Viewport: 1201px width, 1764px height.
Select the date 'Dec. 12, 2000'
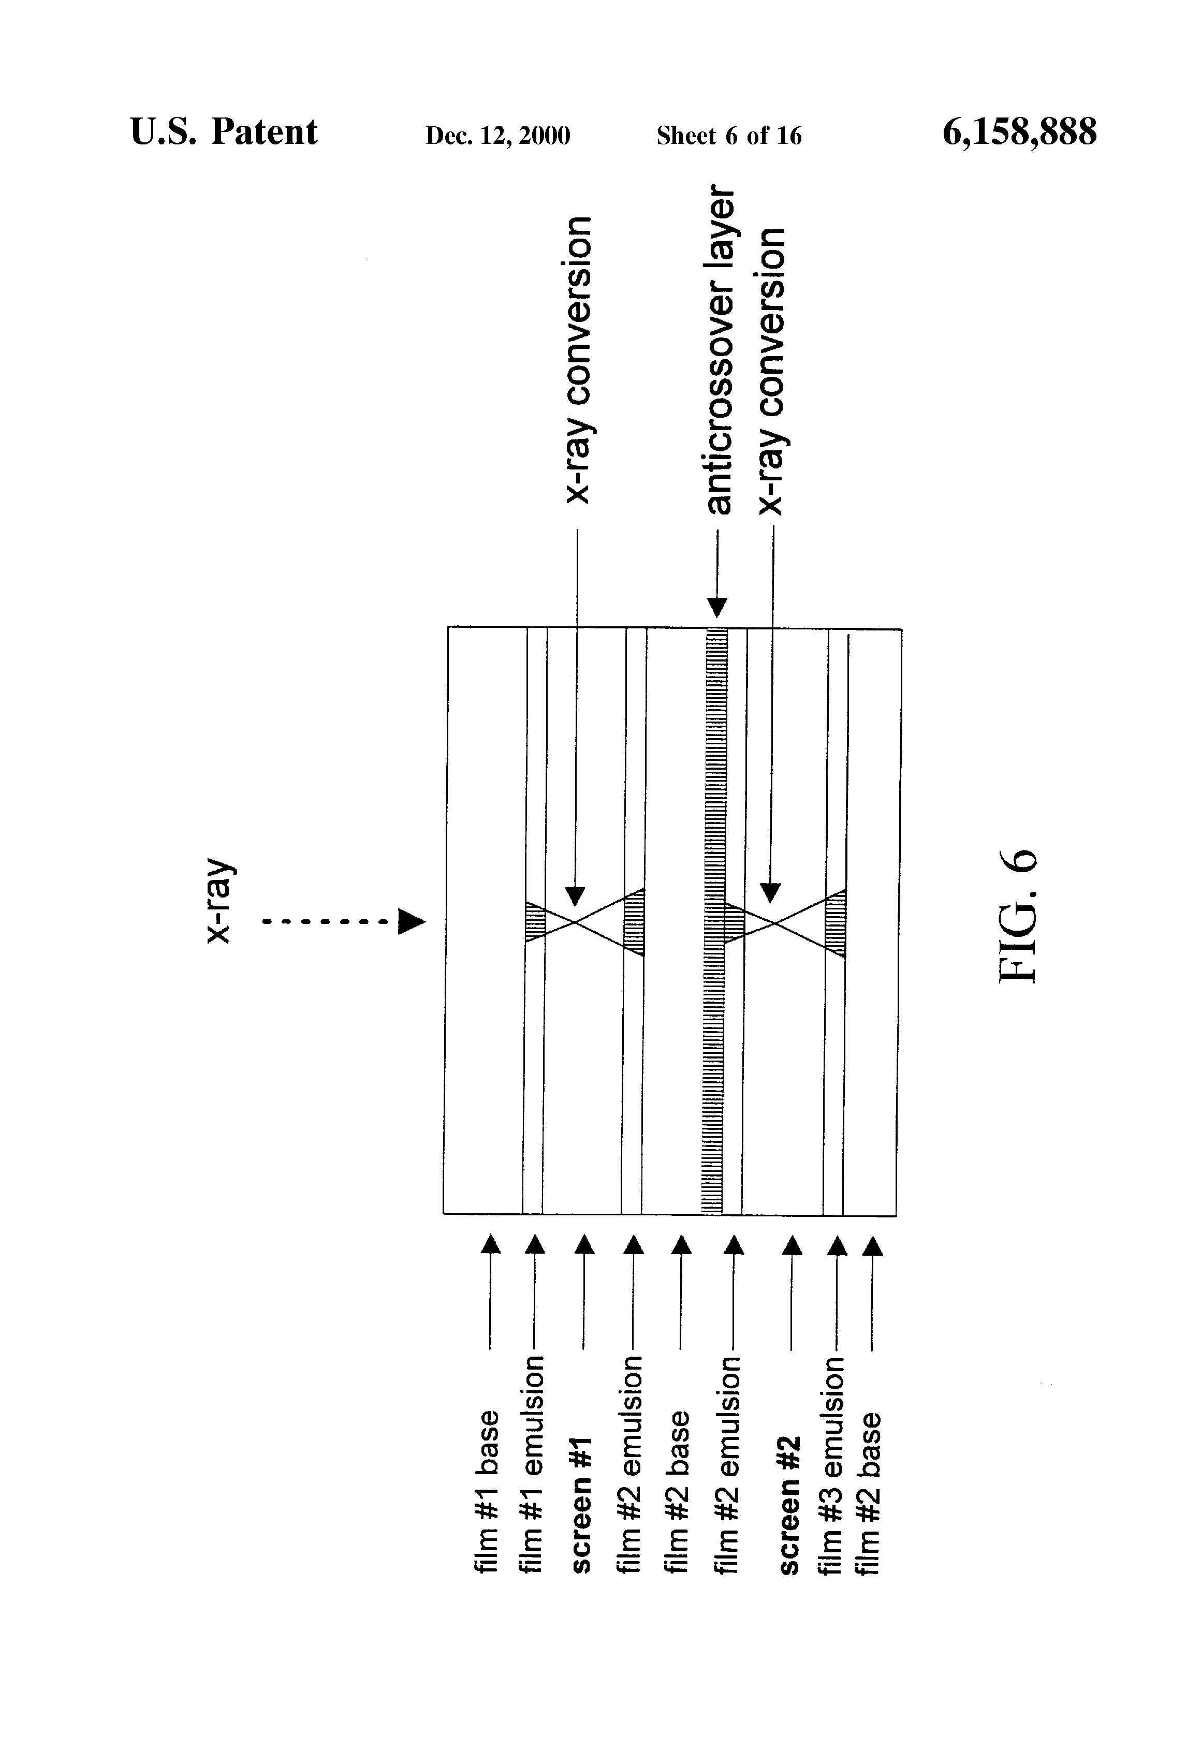click(x=497, y=136)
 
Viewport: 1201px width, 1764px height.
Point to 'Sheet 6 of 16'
click(x=729, y=136)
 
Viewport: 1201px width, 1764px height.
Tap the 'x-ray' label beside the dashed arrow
click(x=219, y=902)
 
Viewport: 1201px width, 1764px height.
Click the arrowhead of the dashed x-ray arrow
click(x=412, y=922)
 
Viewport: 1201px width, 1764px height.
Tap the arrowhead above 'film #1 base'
click(x=491, y=1243)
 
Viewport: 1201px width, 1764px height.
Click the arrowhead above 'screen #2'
click(x=792, y=1245)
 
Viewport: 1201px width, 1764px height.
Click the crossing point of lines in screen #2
click(x=773, y=922)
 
